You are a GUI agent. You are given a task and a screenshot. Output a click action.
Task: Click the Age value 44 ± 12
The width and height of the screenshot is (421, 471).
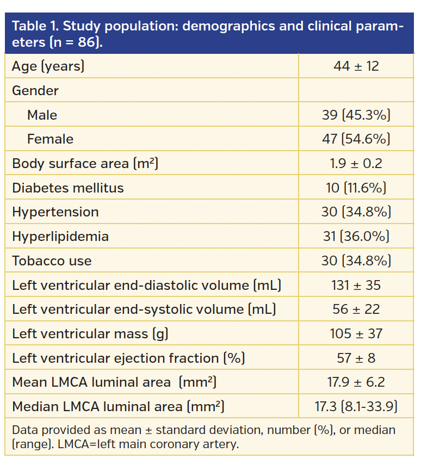click(356, 66)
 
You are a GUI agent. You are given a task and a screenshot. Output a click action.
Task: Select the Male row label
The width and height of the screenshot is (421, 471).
click(42, 115)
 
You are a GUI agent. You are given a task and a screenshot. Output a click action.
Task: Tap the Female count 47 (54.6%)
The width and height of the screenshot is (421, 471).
click(356, 139)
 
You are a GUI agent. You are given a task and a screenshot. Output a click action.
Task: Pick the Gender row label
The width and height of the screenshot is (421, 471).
click(35, 91)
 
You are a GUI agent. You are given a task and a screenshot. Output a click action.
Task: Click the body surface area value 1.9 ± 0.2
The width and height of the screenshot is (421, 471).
click(356, 164)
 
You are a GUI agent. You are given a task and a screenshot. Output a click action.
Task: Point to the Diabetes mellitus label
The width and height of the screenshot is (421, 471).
click(68, 188)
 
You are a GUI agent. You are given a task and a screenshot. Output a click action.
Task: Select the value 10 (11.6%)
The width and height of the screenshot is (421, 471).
click(356, 188)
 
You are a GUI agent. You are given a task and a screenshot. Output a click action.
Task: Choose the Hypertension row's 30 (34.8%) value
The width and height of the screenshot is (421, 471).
click(356, 212)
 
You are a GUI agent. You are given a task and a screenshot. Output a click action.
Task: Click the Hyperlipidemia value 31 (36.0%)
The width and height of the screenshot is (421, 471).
click(356, 237)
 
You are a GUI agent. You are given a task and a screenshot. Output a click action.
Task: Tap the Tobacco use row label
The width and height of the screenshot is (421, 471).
click(52, 261)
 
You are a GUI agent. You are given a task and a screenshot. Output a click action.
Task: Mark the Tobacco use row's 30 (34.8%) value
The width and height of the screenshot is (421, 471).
click(356, 261)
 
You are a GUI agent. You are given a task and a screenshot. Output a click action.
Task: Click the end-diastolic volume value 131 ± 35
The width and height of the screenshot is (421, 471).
click(356, 285)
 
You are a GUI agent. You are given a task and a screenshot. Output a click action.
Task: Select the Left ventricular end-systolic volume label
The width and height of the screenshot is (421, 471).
click(144, 309)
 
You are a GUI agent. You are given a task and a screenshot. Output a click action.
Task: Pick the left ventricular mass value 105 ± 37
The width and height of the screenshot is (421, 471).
click(356, 334)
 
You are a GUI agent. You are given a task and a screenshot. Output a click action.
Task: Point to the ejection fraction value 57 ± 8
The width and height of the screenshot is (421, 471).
click(356, 358)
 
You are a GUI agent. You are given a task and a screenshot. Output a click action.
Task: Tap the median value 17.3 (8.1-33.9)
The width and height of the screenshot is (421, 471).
click(356, 406)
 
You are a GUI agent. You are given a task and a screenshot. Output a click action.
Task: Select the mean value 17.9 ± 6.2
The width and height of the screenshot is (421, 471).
click(356, 382)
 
